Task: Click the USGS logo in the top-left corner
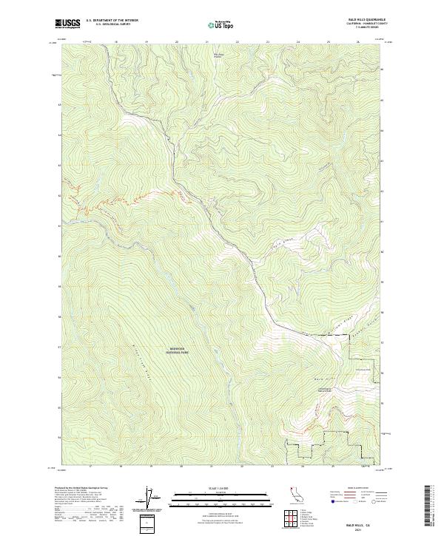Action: pos(67,24)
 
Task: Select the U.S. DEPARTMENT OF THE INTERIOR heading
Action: pos(112,21)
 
